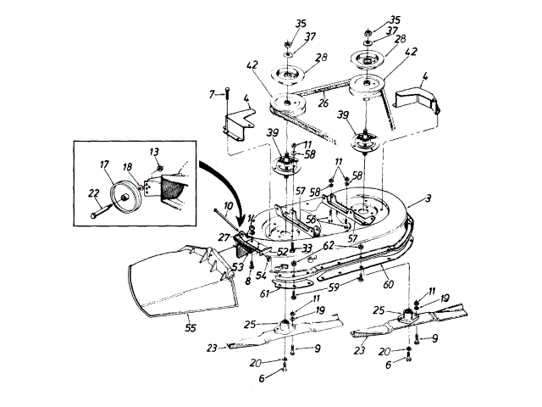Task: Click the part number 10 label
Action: point(218,205)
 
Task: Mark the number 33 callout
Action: point(306,247)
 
